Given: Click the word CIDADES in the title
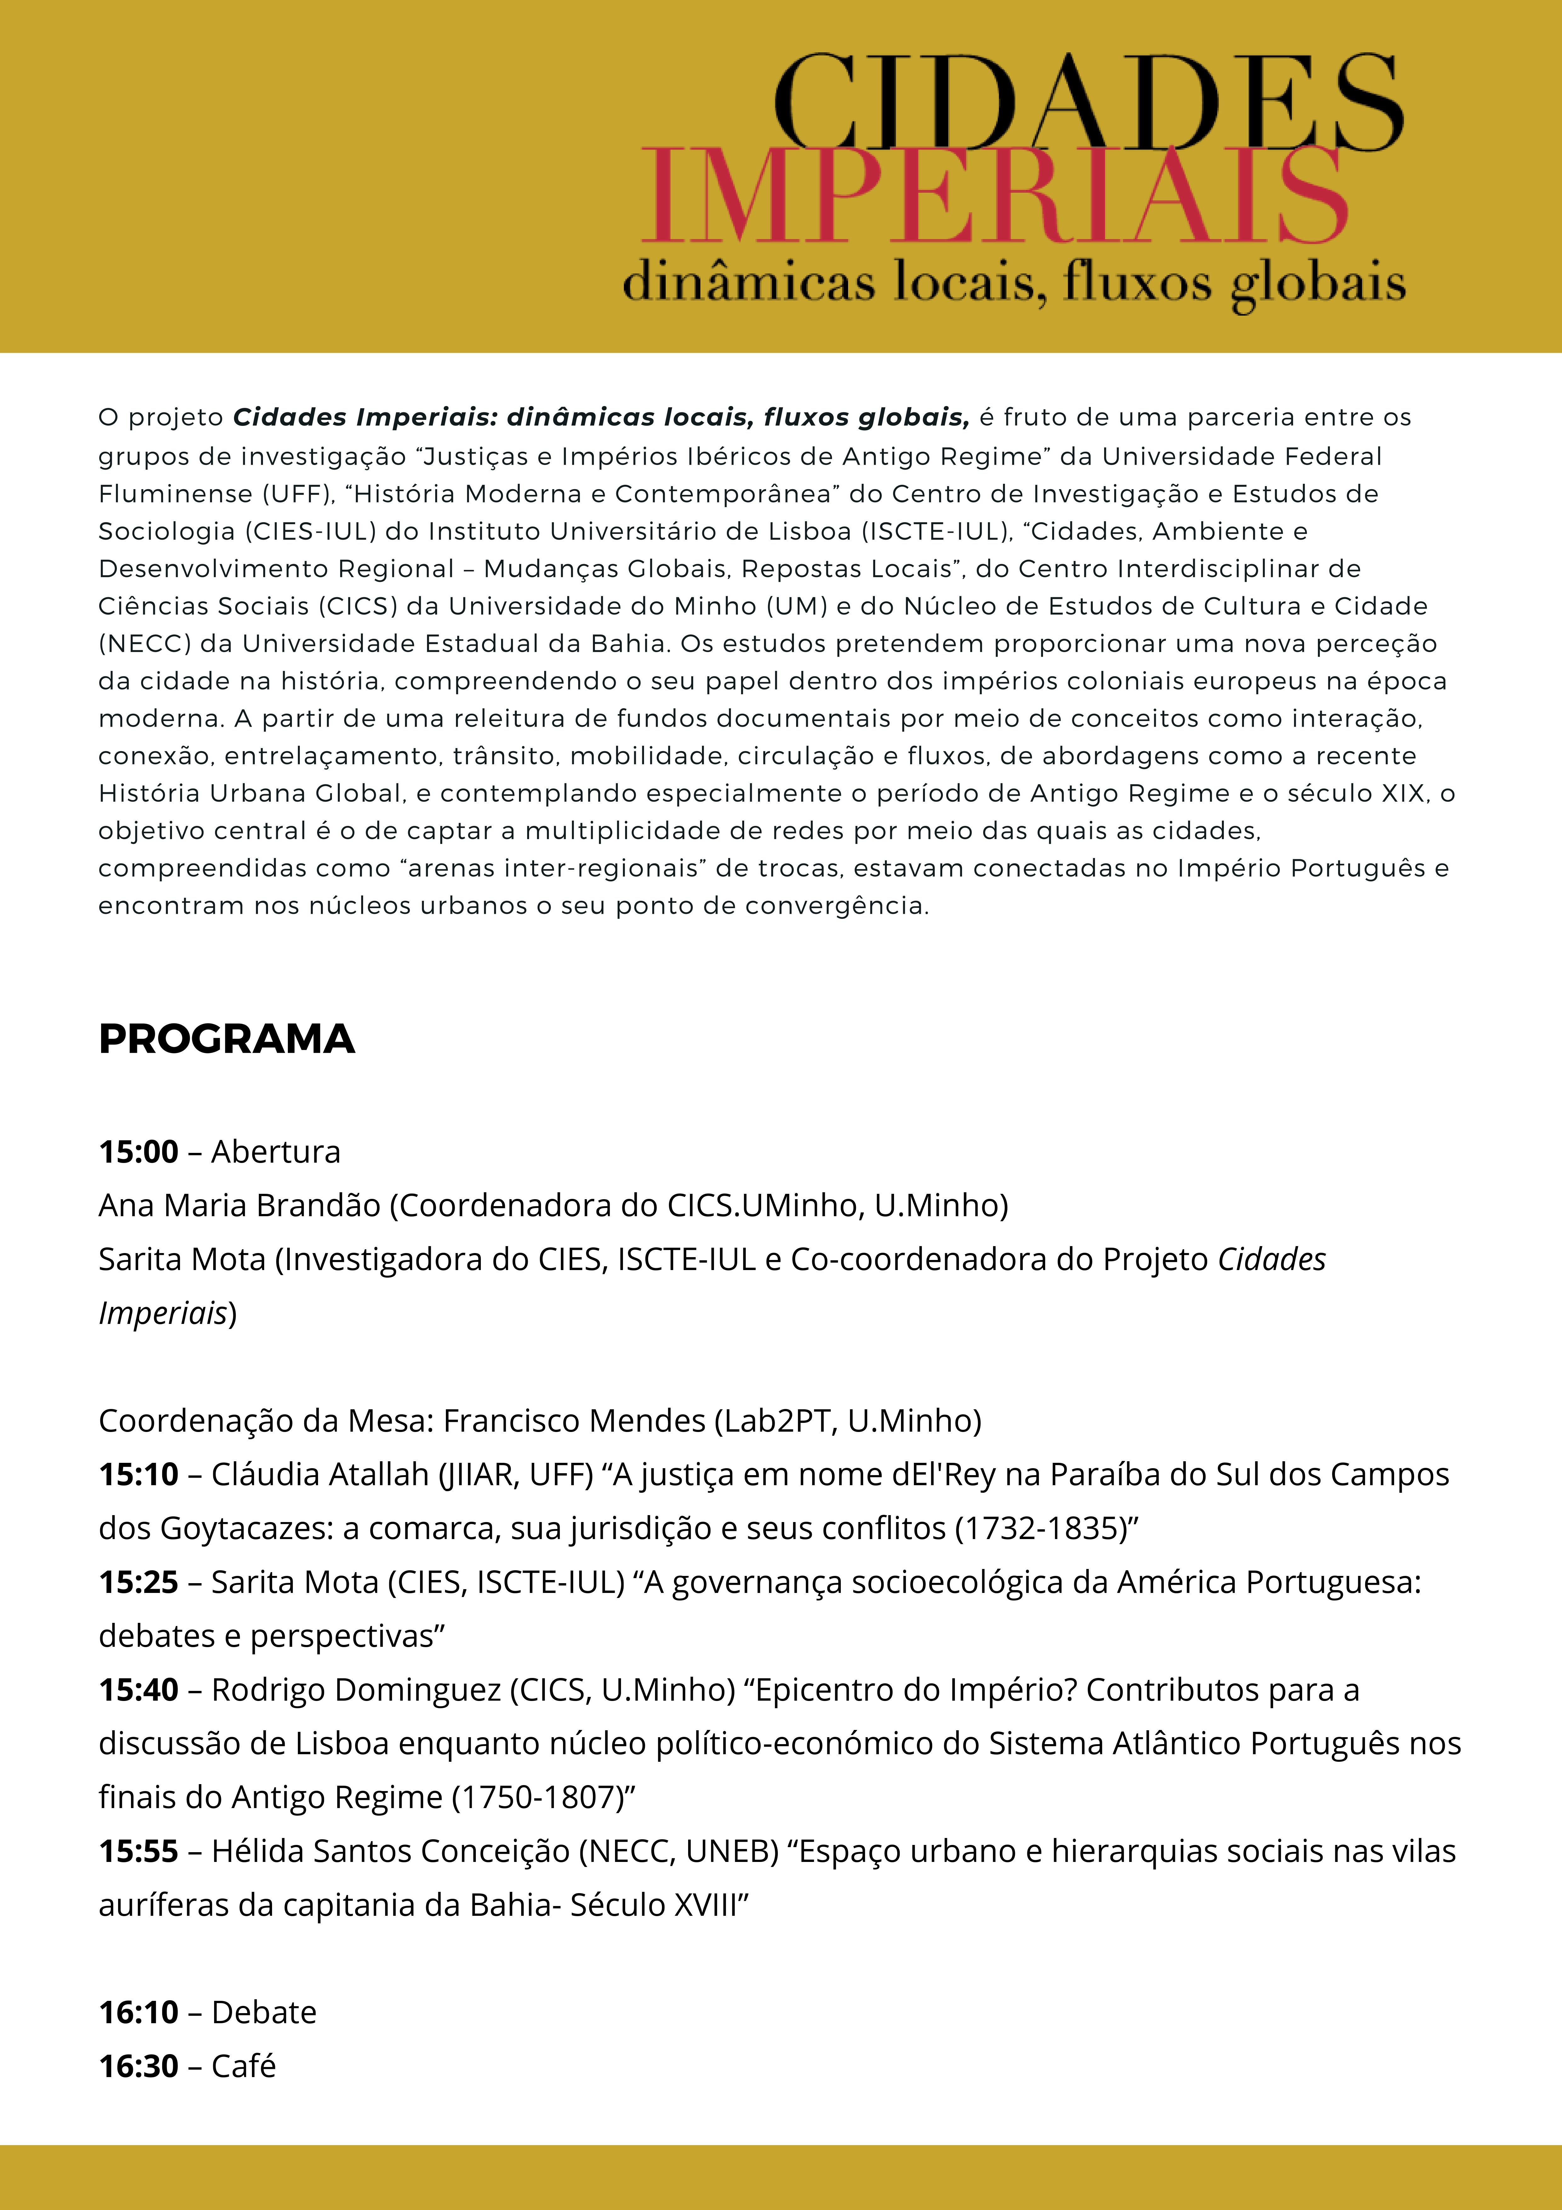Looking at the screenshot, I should [x=1087, y=104].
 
